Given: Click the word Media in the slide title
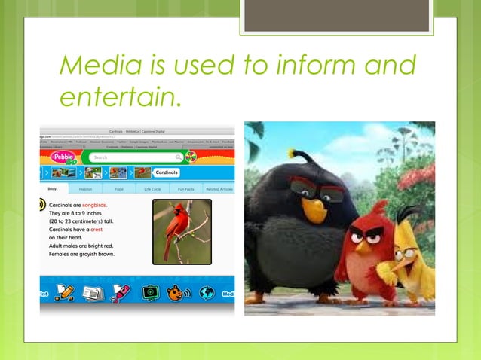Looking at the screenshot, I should [x=94, y=66].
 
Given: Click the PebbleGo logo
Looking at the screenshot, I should [x=63, y=157].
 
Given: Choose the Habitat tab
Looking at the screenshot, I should [x=85, y=188].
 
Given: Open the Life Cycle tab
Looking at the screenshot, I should [x=153, y=188].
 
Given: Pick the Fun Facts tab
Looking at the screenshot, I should [x=185, y=188].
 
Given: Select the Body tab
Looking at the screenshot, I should [x=52, y=188].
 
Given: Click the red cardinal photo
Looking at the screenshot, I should [x=182, y=231].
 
